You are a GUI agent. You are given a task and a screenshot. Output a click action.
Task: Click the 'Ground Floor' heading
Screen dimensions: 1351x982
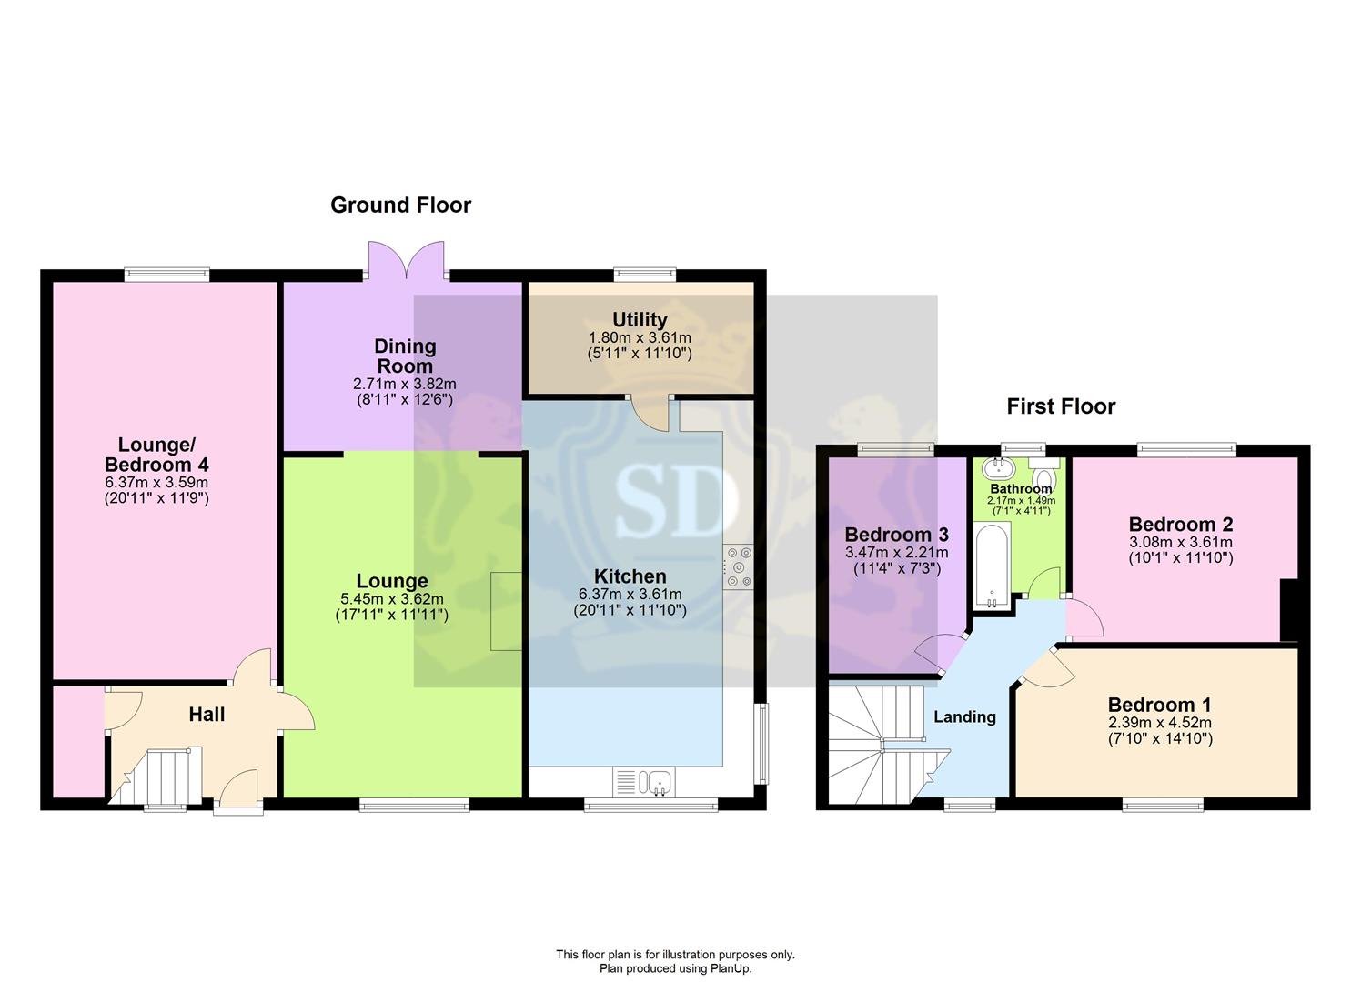click(x=400, y=205)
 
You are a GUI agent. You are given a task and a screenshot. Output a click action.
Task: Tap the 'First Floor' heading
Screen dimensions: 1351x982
click(x=1061, y=407)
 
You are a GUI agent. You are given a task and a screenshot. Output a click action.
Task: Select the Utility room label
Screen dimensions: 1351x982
click(x=640, y=319)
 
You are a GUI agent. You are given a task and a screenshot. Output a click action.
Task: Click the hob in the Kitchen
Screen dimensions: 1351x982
click(x=739, y=566)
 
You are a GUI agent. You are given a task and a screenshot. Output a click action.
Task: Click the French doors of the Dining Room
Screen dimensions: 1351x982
click(x=407, y=259)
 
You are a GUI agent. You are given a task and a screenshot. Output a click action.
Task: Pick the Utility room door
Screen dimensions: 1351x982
click(x=650, y=414)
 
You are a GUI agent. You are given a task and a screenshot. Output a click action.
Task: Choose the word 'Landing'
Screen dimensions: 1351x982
click(x=964, y=717)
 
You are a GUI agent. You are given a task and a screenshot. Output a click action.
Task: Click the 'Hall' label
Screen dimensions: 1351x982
click(x=207, y=715)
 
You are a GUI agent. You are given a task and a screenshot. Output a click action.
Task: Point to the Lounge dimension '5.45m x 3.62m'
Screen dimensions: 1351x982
click(x=392, y=599)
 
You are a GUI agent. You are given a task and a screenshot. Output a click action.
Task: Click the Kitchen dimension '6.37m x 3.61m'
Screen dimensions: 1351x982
click(x=630, y=595)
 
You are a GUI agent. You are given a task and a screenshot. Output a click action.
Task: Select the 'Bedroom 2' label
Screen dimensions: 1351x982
click(x=1180, y=524)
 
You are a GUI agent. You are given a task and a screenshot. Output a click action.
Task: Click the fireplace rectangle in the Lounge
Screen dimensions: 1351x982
click(x=506, y=611)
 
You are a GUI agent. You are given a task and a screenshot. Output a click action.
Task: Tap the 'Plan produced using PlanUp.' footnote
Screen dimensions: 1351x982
click(x=675, y=968)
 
